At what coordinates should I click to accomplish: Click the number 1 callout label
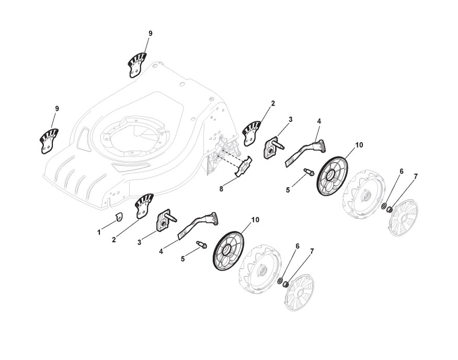coord(99,232)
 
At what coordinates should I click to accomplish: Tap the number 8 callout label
coord(222,189)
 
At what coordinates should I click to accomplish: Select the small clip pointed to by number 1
coord(118,216)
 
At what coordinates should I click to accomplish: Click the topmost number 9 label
coord(150,33)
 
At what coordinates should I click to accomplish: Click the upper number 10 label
coord(359,144)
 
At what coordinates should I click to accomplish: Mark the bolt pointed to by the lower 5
coord(201,244)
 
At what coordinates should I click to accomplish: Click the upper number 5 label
coord(288,190)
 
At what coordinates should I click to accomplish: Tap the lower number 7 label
coord(312,251)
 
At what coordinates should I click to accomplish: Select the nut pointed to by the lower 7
coord(286,286)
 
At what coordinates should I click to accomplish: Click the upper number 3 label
coord(290,119)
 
